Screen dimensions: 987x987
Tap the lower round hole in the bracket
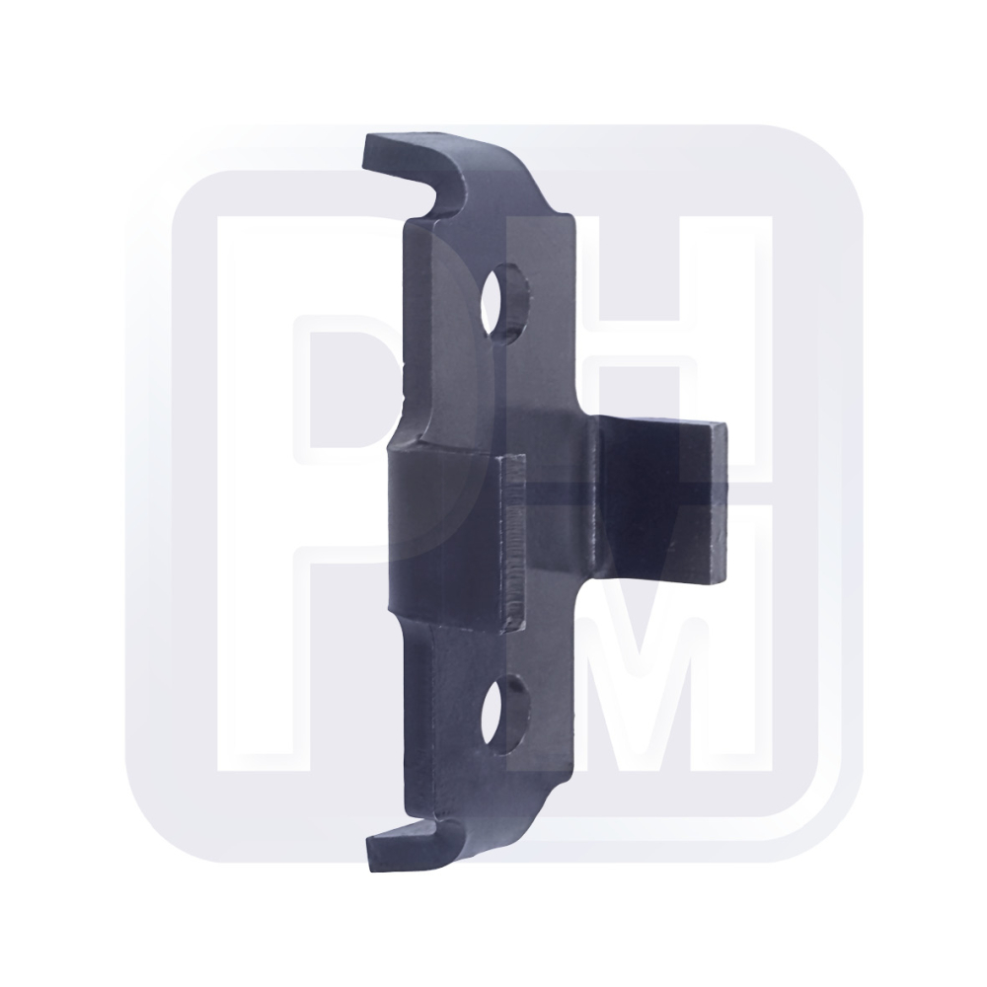pos(503,710)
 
